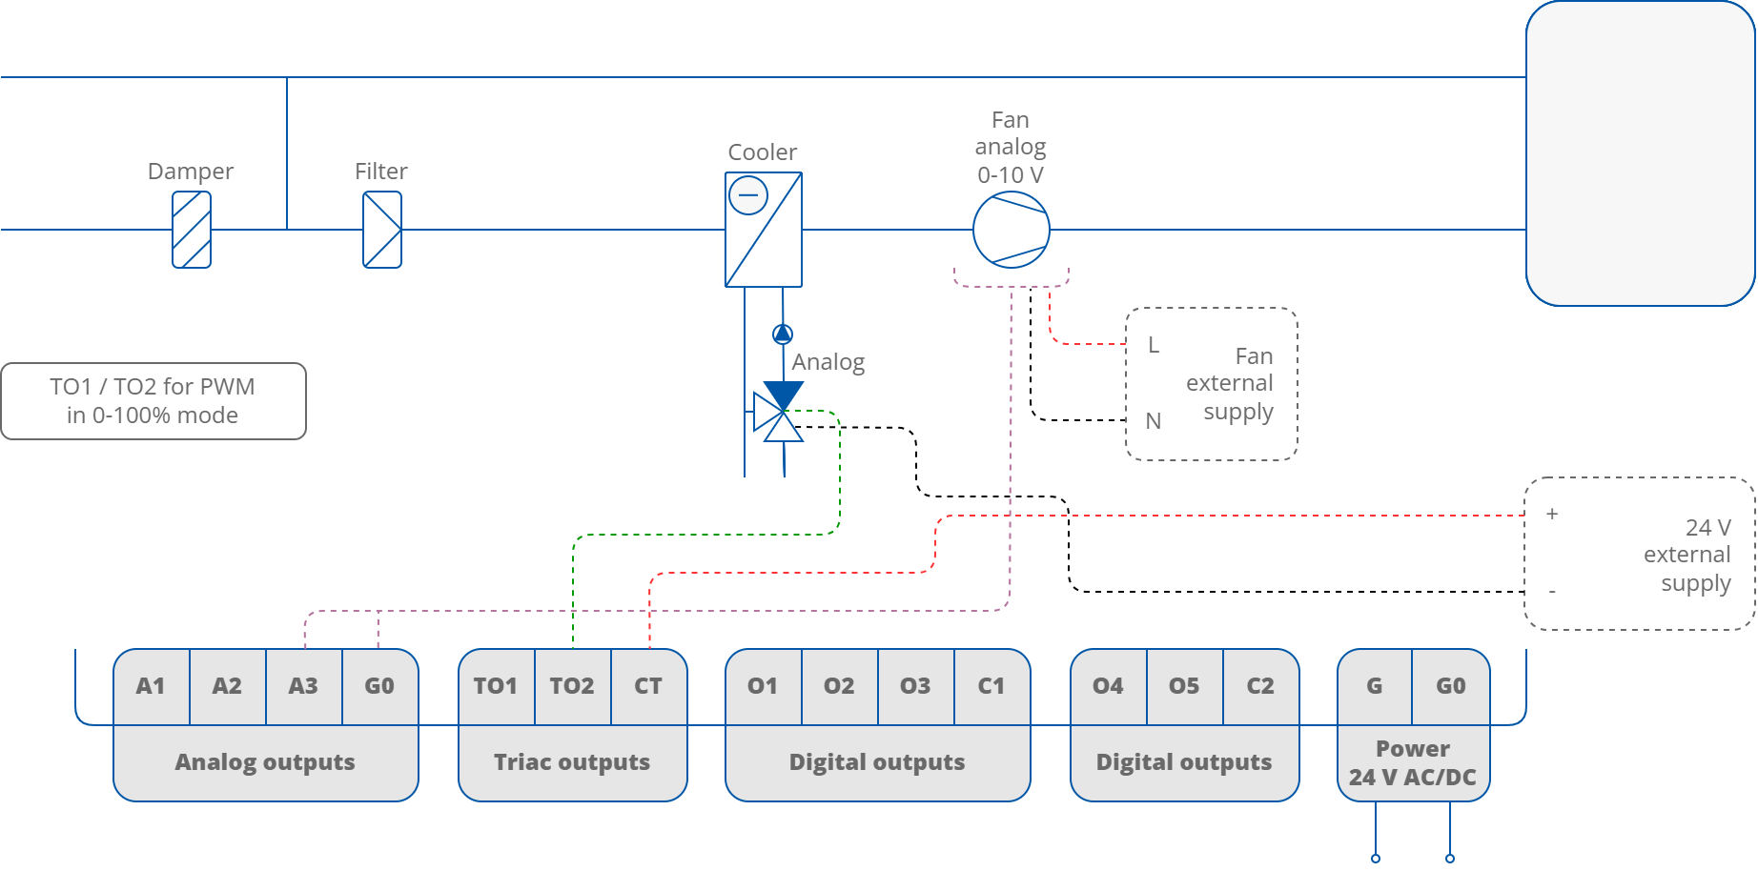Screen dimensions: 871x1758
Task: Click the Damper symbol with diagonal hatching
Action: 192,230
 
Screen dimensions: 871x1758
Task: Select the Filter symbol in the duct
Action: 382,230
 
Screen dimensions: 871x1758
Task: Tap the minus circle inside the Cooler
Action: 747,196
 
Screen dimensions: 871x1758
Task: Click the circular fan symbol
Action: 1011,230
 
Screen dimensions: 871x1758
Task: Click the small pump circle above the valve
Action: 783,334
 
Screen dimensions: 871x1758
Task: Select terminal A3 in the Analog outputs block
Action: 303,686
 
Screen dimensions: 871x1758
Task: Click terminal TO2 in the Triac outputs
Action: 572,686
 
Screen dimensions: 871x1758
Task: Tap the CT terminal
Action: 648,686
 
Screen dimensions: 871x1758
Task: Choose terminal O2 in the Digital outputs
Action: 839,686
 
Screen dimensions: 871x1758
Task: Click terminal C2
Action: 1260,686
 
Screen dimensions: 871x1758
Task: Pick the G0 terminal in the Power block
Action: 1450,686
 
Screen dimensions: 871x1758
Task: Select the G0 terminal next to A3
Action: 379,686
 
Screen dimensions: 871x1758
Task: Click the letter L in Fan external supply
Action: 1154,345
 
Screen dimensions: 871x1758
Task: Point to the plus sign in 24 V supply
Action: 1552,514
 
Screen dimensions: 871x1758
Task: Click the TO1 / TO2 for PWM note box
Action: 153,401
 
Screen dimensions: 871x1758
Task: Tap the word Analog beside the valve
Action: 828,362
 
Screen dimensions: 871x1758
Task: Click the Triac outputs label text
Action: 572,762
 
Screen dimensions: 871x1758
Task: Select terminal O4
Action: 1108,686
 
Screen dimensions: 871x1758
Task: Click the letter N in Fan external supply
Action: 1154,421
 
